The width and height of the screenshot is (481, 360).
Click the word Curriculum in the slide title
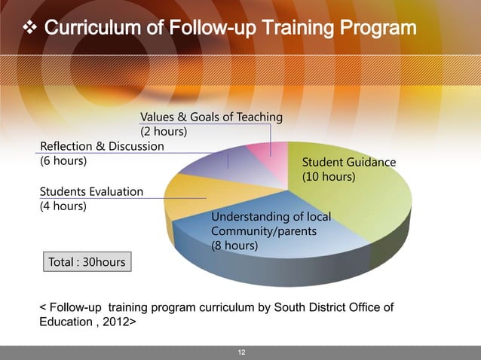[x=88, y=29]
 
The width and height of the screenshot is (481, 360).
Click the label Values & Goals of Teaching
[x=211, y=117]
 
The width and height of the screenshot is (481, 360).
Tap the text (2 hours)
[x=164, y=132]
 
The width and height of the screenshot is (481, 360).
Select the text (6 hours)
[x=62, y=160]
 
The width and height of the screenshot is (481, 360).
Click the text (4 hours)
[x=62, y=206]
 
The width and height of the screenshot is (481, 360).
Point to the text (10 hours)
[x=329, y=177]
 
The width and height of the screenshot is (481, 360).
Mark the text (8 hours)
[x=234, y=246]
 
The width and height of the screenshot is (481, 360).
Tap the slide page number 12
[x=240, y=352]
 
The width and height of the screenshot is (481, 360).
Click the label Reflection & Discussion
[x=101, y=146]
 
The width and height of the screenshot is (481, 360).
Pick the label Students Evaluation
[x=90, y=191]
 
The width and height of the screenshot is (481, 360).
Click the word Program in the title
[x=376, y=29]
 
